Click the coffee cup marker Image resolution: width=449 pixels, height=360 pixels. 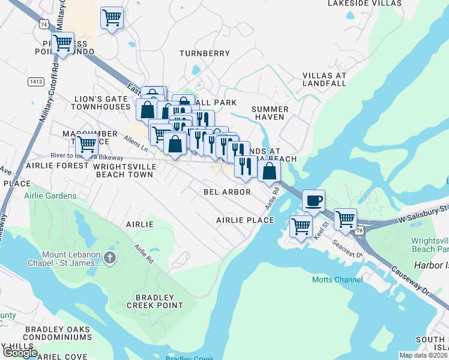coord(313,200)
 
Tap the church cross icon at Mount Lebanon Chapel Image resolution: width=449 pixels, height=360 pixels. coord(109,258)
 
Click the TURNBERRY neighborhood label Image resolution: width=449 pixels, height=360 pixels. coord(205,53)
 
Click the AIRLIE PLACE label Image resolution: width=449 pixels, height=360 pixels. coord(245,220)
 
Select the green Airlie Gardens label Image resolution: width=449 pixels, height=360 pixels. coord(50,196)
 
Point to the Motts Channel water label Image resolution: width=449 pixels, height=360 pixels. coord(337,280)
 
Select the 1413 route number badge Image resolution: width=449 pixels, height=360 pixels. coord(35,80)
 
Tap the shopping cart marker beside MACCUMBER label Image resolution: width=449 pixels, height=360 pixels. coord(86,144)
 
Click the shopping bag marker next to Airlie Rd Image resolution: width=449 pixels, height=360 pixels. coord(270,171)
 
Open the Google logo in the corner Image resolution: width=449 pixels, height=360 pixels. coord(20,352)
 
